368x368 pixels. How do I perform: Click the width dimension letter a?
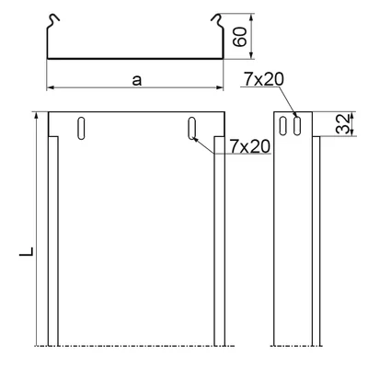coord(136,80)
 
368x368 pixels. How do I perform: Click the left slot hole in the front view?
coord(82,128)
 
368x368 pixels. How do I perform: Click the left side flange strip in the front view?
coord(53,239)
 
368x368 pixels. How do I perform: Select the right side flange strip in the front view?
coord(219,239)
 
